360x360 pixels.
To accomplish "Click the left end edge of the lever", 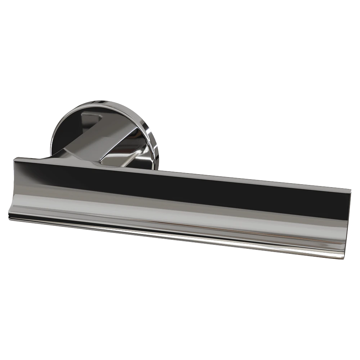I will [x=12, y=187].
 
